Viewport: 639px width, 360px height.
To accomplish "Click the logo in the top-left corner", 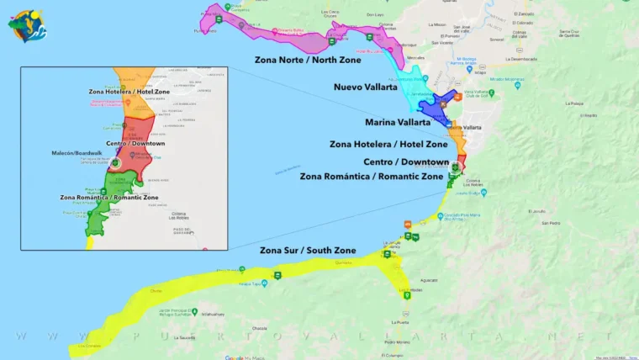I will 28,25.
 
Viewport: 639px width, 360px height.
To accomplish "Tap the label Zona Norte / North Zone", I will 308,61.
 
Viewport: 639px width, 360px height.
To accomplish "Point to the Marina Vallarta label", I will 398,122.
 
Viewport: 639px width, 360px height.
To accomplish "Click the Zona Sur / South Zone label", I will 308,251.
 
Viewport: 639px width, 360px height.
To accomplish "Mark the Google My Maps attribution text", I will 246,357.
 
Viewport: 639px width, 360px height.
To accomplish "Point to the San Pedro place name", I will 552,223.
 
